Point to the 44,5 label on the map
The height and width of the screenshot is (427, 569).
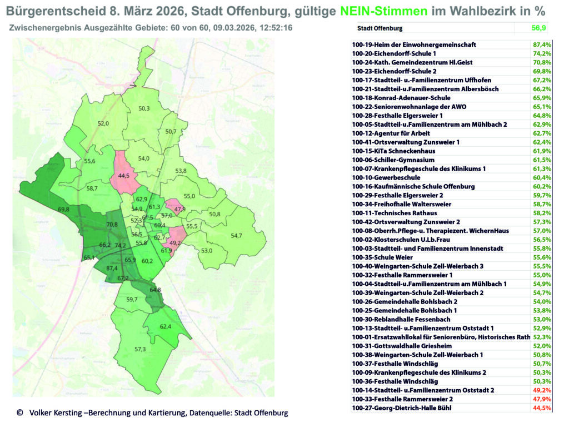click(123, 175)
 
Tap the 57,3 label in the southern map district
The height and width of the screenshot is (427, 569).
click(139, 349)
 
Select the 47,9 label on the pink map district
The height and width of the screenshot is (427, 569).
click(179, 209)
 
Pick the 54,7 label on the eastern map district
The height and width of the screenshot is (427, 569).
click(236, 236)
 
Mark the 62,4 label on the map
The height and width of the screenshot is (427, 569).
click(166, 326)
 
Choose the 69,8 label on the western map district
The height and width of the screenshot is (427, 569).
click(64, 209)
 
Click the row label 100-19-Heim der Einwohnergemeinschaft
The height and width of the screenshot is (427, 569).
click(414, 44)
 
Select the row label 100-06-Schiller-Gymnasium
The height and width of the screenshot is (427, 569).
click(392, 160)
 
